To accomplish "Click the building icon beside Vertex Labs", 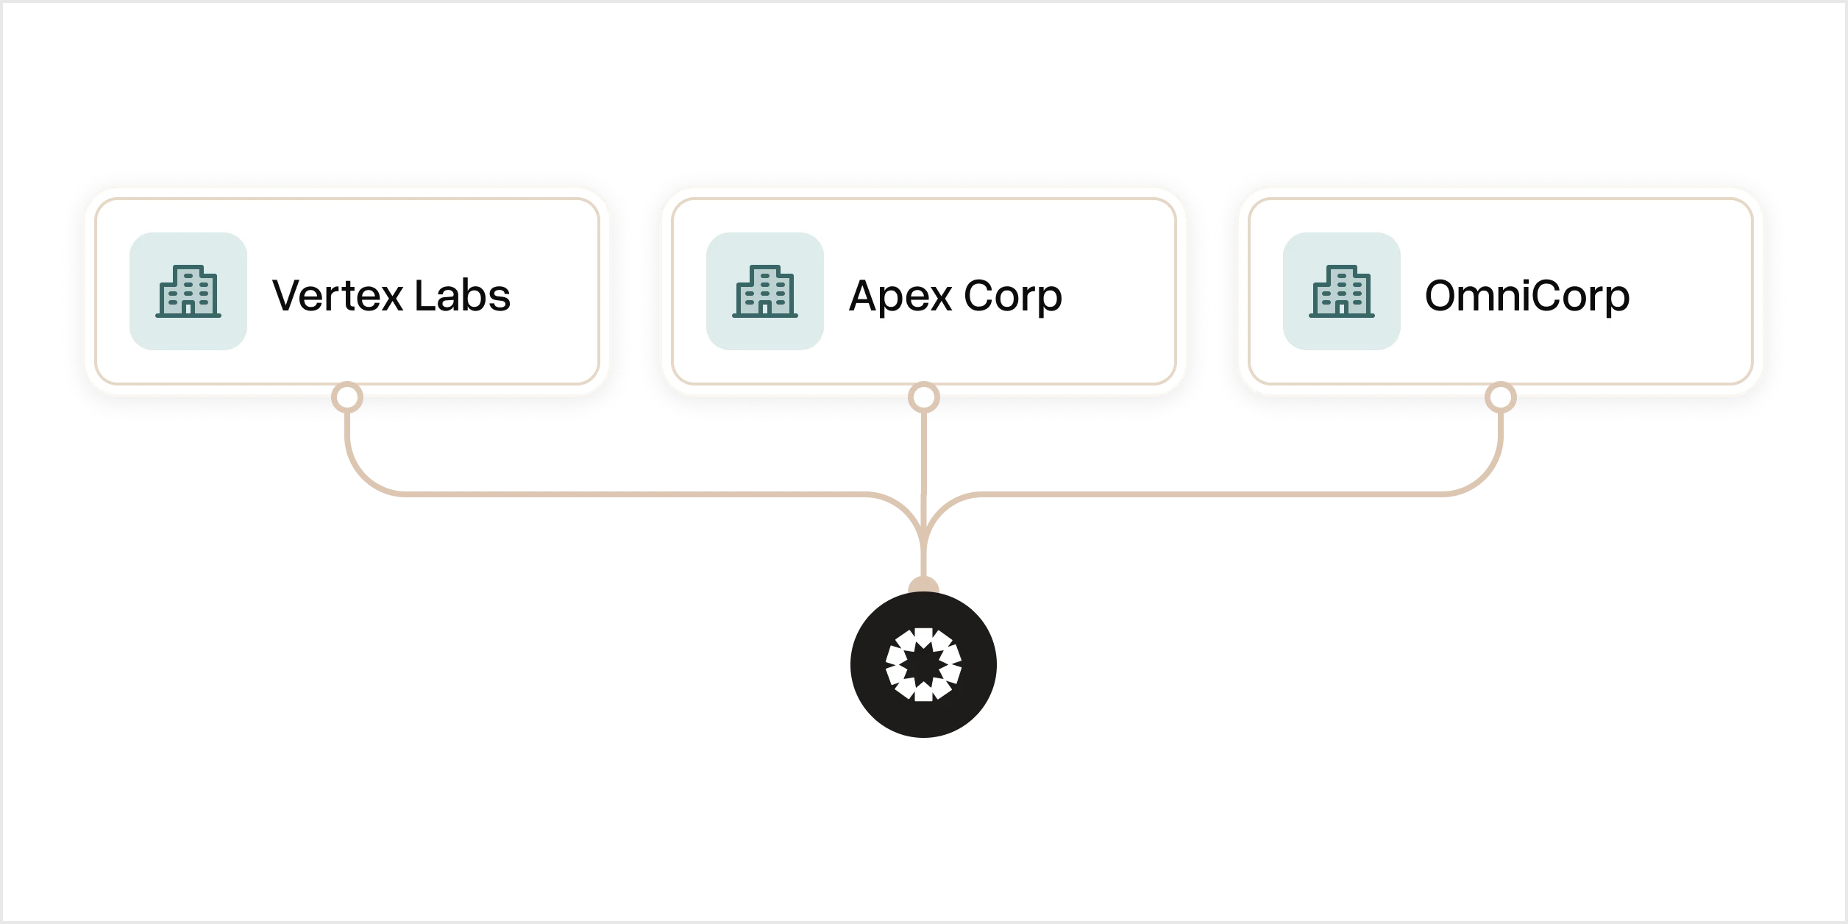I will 188,291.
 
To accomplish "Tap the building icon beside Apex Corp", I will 765,291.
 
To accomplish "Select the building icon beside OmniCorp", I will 1342,291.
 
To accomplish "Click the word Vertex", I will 338,296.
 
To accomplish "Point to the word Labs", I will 462,296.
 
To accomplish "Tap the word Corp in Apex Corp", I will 1013,296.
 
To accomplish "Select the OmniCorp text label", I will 1527,296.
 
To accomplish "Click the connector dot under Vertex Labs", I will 347,398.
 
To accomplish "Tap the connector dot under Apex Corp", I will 924,398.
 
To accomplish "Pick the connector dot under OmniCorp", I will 1501,398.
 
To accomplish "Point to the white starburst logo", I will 924,664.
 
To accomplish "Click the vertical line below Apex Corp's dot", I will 924,456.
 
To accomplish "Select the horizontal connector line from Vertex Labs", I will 625,494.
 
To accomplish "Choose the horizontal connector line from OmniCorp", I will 1214,494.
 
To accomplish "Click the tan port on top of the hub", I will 924,586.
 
